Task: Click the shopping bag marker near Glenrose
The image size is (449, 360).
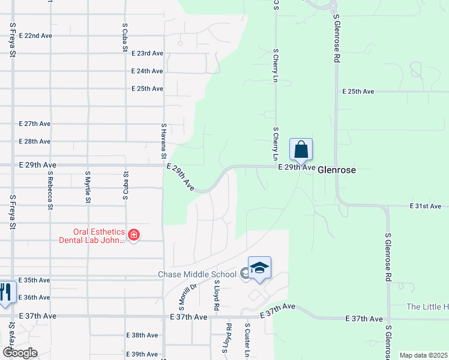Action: coord(301,149)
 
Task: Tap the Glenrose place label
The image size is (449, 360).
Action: coord(337,170)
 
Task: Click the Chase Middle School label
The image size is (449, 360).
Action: coord(197,275)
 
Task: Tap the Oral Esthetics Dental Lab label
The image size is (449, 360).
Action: coord(99,236)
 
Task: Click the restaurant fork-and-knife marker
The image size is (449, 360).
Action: coord(5,292)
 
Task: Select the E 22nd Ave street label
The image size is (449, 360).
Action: coord(35,35)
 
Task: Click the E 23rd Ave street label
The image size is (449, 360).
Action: coord(147,53)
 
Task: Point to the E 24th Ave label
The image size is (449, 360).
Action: coord(147,71)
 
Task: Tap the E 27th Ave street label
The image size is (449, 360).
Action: coord(35,124)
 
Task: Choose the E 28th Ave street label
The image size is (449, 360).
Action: coord(35,142)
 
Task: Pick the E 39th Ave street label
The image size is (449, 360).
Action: coord(142,354)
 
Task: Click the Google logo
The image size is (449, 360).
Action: coord(20,353)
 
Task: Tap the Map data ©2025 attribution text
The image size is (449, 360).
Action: coord(423,355)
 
